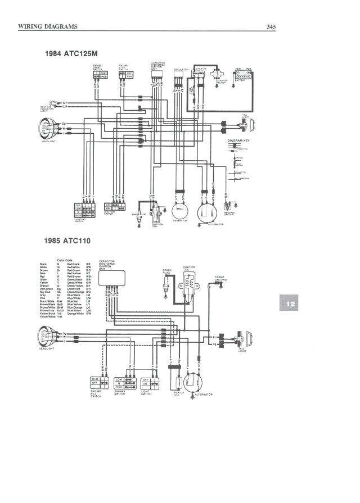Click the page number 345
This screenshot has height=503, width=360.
tap(271, 26)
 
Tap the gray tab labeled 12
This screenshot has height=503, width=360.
tap(291, 304)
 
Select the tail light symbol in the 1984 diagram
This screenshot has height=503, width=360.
tap(249, 123)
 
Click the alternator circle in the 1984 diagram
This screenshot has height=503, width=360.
tap(205, 214)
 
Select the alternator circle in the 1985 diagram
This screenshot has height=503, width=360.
tap(193, 382)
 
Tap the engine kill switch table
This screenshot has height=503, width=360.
tap(100, 383)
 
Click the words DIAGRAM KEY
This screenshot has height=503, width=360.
tap(238, 141)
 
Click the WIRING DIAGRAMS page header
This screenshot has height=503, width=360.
tap(48, 26)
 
